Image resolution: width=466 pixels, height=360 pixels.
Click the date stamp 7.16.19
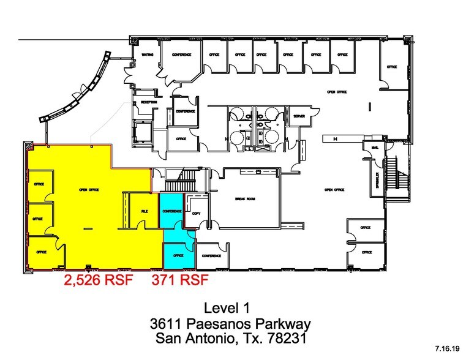pos(446,348)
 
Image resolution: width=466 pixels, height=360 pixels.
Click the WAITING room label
pos(148,54)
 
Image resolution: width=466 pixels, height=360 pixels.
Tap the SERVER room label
pos(299,116)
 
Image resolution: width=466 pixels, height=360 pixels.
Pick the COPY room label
pos(196,214)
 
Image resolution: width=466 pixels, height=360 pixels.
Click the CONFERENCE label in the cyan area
pos(172,211)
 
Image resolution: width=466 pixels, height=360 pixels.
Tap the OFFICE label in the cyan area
pos(178,255)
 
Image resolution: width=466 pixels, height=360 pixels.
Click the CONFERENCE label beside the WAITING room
pos(181,54)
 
